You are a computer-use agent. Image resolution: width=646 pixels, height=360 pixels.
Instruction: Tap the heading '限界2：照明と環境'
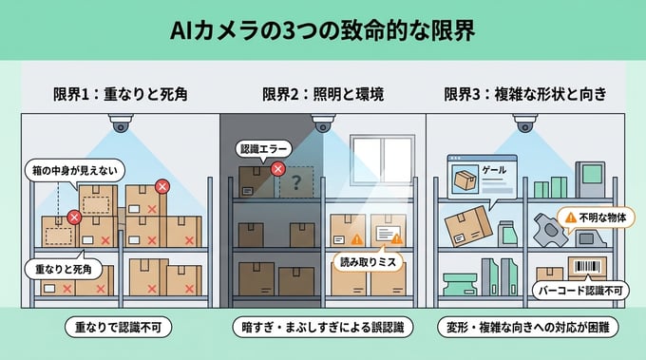coord(323,95)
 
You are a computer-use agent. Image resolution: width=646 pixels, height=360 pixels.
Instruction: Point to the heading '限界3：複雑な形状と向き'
coord(525,95)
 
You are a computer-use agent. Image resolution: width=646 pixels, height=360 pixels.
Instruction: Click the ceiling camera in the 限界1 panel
coord(121,125)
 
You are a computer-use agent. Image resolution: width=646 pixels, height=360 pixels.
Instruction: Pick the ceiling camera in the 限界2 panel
coord(323,124)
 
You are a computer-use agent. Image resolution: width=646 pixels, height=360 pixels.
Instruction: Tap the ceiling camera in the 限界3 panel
coord(525,124)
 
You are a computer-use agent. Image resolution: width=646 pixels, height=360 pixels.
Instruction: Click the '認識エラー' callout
coord(262,149)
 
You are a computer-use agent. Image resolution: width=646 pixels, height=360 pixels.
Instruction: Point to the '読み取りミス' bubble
coord(367,257)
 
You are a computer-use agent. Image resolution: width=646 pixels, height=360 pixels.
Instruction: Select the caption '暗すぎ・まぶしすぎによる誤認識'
coord(323,327)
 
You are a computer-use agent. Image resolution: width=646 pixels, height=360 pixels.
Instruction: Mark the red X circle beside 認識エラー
coord(278,168)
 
